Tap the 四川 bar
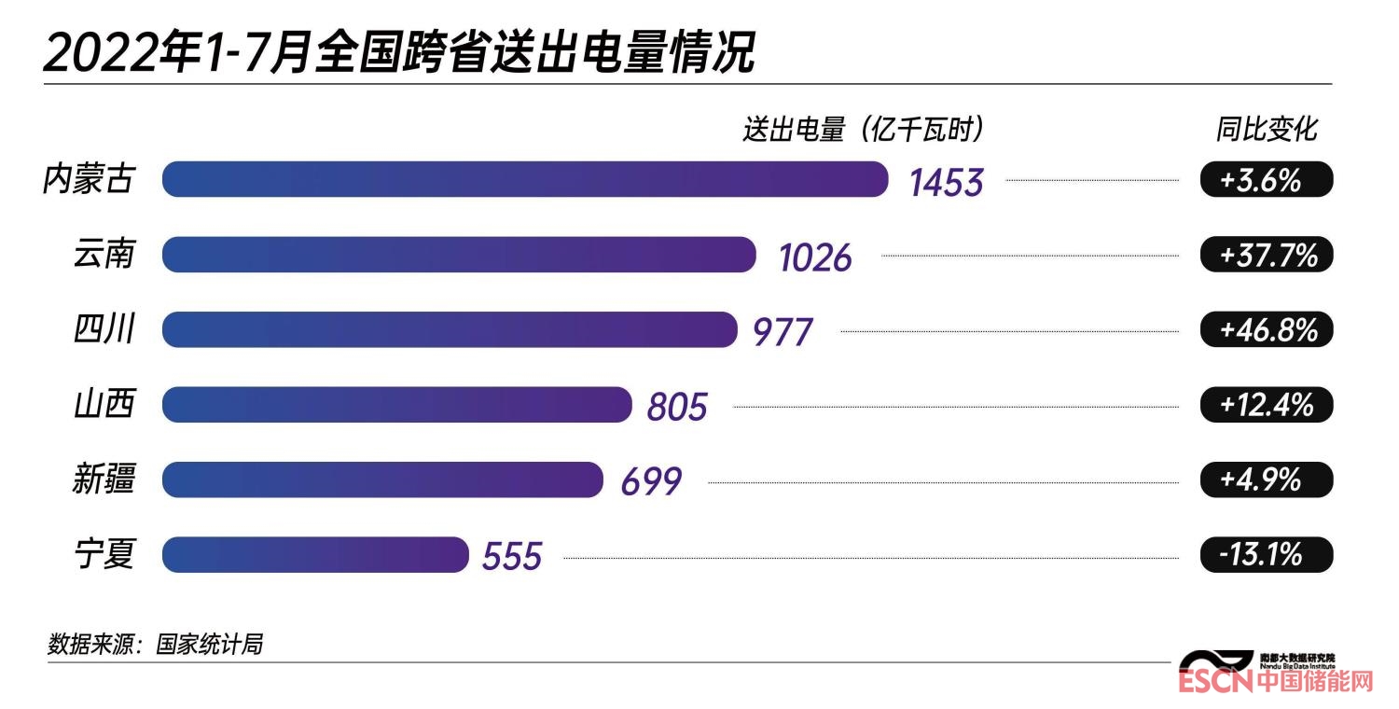pyautogui.click(x=449, y=329)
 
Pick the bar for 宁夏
pyautogui.click(x=314, y=554)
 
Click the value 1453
pyautogui.click(x=946, y=182)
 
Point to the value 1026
pyautogui.click(x=815, y=257)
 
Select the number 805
pyautogui.click(x=677, y=407)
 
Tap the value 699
pyautogui.click(x=651, y=481)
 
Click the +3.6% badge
pyautogui.click(x=1266, y=180)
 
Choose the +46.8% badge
pyautogui.click(x=1266, y=329)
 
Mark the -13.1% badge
pyautogui.click(x=1266, y=555)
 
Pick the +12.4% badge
pyautogui.click(x=1266, y=405)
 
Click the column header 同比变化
pyautogui.click(x=1266, y=130)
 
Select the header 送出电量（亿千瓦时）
pyautogui.click(x=864, y=130)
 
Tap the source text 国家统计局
pyautogui.click(x=209, y=644)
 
